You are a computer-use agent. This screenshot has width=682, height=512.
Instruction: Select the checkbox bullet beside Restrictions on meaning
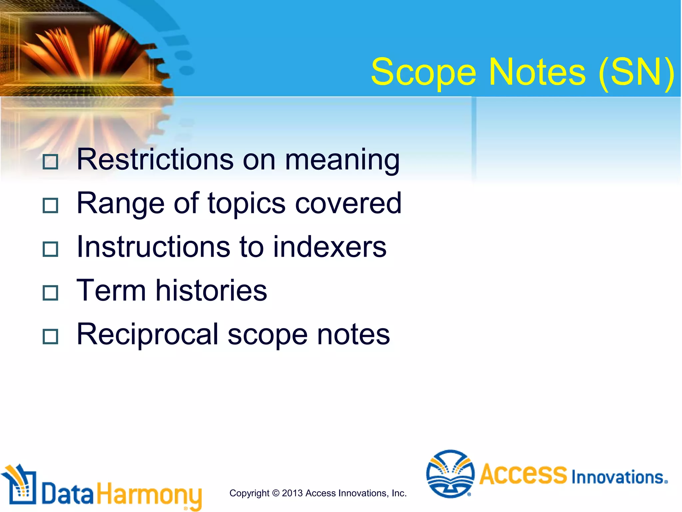(51, 162)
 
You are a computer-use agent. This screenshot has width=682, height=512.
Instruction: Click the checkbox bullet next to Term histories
(51, 293)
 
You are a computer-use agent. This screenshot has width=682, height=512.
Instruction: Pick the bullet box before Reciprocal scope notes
(51, 336)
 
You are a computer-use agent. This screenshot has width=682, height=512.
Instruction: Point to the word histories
(211, 290)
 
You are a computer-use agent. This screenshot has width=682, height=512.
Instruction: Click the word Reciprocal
(148, 334)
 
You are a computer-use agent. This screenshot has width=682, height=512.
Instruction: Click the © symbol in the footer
(276, 493)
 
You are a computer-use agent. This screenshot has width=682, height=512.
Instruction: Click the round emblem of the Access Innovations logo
(450, 474)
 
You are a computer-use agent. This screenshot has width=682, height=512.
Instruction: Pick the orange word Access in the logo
(523, 474)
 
